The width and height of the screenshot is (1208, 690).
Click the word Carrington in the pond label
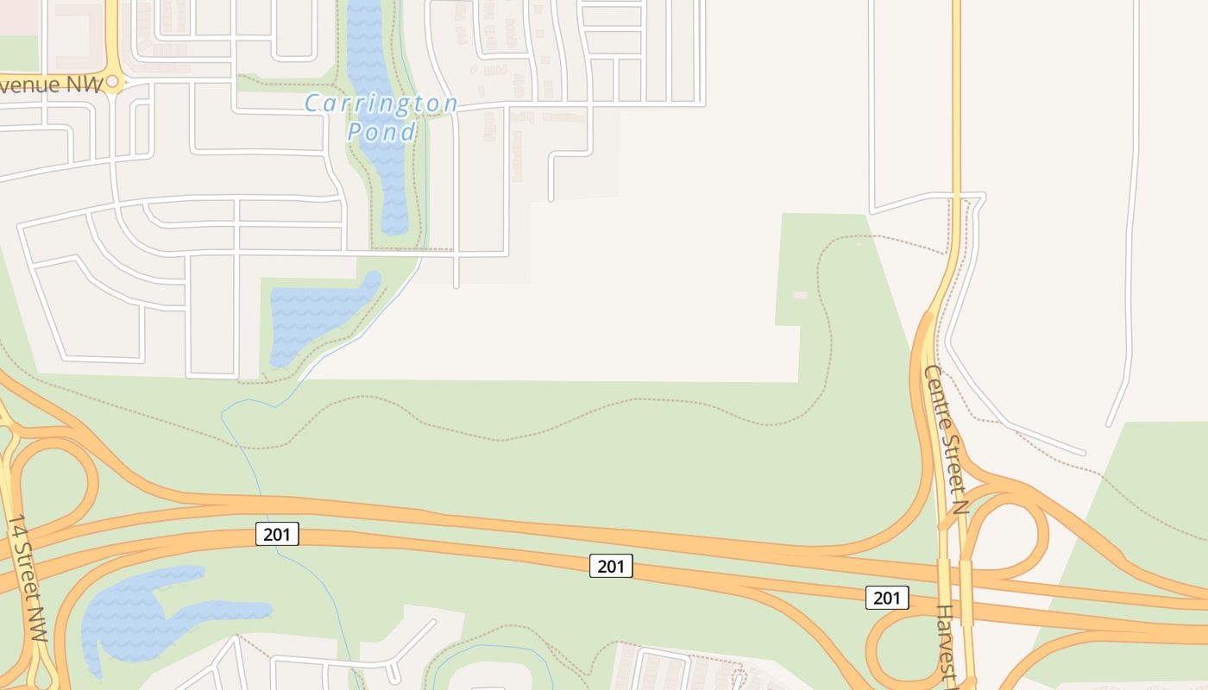point(381,104)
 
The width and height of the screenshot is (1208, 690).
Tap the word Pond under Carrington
point(381,132)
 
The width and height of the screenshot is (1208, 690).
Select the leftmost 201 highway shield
point(277,535)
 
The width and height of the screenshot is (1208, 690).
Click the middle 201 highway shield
point(611,567)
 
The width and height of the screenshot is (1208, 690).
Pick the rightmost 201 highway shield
point(887,598)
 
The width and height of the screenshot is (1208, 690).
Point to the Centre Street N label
point(947,440)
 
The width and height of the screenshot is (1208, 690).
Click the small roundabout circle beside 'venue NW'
point(111,83)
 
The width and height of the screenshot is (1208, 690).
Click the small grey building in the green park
point(800,296)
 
